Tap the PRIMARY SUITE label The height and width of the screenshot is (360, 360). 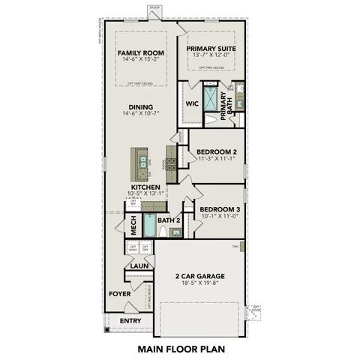pos(211,48)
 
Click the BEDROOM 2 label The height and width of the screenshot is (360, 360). pos(217,151)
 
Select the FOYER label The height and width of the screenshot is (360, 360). pos(120,294)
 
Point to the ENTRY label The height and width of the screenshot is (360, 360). pos(130,321)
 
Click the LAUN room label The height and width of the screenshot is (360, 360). pos(138,265)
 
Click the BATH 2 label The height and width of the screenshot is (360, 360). pos(168,220)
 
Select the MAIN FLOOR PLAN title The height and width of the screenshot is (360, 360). pos(181,349)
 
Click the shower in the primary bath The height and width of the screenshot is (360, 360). pos(211,99)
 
